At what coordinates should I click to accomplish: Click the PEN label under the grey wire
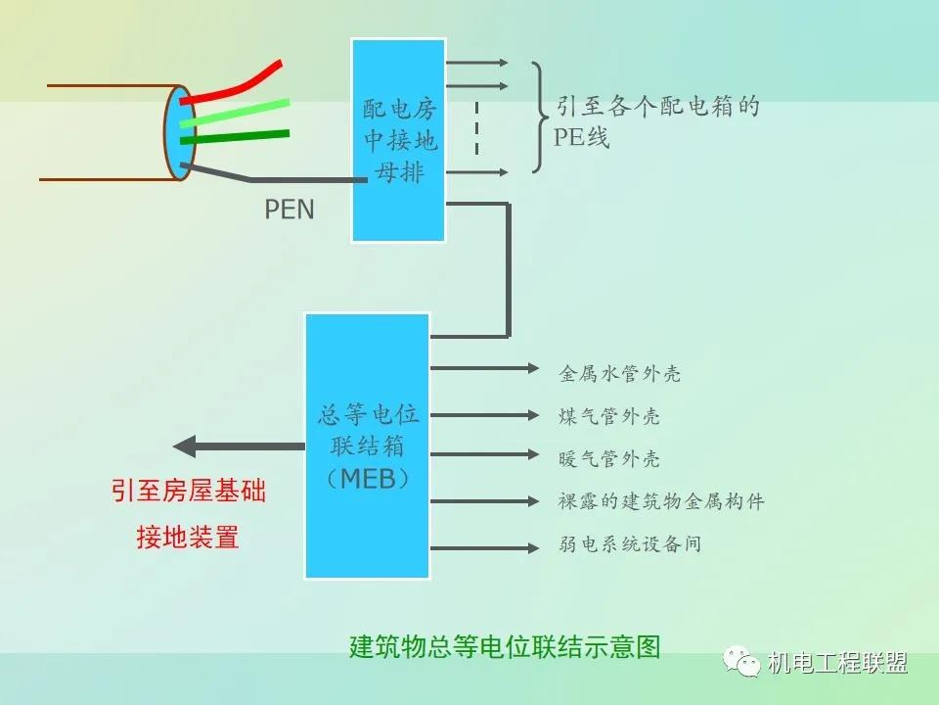point(290,210)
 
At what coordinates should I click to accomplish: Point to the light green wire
point(240,112)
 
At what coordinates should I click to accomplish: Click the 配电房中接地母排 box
point(399,140)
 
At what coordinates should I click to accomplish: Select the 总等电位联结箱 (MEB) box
point(368,446)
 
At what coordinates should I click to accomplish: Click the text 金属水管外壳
point(619,373)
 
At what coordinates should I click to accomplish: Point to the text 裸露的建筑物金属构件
point(660,501)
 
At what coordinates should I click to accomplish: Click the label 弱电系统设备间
point(630,543)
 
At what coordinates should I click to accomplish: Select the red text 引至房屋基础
point(188,491)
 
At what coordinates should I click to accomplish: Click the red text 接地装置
point(188,538)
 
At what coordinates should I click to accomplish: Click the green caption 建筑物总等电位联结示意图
point(505,647)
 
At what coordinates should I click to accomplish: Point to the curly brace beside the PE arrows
point(540,117)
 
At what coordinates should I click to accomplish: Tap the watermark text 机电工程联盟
point(837,663)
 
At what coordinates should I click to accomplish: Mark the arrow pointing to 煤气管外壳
point(484,412)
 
